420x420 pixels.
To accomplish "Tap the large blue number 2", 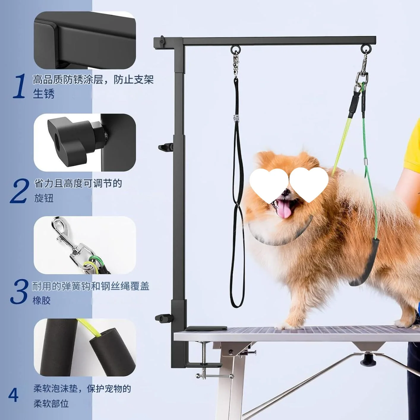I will (20, 191).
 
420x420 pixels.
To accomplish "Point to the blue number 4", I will (13, 395).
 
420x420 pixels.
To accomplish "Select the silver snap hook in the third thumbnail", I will (64, 235).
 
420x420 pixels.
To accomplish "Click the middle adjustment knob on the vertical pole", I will (165, 147).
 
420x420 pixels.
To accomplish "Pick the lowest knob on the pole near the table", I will (162, 318).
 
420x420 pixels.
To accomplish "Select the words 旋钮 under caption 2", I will (44, 198).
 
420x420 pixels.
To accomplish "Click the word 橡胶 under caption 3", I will (42, 300).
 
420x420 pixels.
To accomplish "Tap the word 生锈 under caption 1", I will (44, 93).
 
